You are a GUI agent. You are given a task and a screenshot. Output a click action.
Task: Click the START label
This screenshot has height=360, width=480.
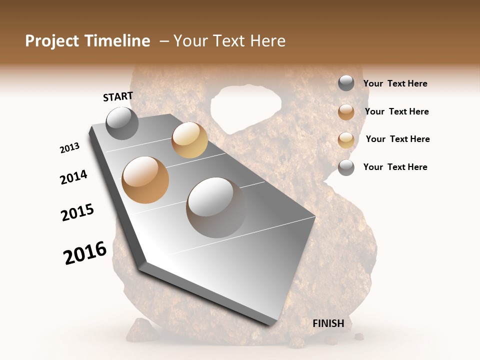tap(118, 96)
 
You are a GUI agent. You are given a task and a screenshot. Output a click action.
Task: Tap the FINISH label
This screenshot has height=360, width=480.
tap(328, 323)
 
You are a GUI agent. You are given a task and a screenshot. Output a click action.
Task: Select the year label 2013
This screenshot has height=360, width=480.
tap(69, 148)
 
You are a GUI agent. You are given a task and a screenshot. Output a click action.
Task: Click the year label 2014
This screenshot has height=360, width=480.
tap(73, 177)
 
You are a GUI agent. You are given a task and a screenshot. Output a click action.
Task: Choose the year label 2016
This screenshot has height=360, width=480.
tap(85, 253)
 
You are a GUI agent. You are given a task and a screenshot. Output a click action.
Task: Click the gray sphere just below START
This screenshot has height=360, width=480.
tap(122, 123)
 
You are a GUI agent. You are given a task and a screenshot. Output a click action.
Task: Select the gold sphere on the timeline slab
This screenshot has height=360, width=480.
tap(189, 140)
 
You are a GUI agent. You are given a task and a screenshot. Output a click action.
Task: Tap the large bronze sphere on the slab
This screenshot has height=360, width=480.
tap(145, 180)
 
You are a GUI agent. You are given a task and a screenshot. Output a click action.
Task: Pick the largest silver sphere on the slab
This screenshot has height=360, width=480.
tap(216, 207)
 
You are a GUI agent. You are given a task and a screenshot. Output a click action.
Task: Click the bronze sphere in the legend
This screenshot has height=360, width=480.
tap(346, 112)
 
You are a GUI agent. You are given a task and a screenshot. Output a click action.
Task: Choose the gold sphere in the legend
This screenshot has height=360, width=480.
tap(346, 139)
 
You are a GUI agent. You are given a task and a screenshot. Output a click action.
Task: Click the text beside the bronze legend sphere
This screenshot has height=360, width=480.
tap(396, 111)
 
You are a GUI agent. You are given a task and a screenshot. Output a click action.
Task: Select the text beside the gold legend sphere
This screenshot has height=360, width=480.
tap(397, 139)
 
